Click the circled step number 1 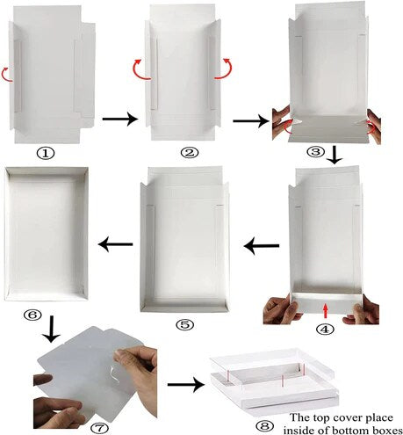tap(46, 152)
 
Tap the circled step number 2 tap(188, 153)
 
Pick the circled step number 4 tap(326, 330)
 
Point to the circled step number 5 tap(184, 324)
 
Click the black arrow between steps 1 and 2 tap(119, 117)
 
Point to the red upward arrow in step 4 tap(326, 309)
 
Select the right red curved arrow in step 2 tap(228, 69)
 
